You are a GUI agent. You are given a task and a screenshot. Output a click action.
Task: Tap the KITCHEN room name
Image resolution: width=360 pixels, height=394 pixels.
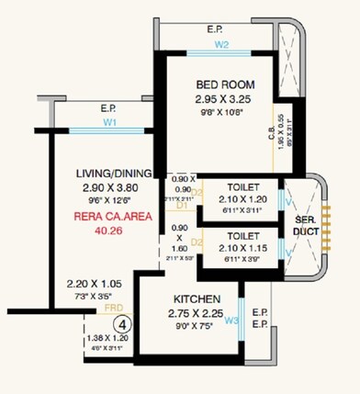[x=196, y=299]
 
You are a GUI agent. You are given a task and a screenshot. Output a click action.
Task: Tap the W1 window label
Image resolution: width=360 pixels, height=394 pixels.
[x=109, y=121]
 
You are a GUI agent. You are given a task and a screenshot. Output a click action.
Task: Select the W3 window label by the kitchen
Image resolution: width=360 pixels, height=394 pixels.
[x=231, y=321]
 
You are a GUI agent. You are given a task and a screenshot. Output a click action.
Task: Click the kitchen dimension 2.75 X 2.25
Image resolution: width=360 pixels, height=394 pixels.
[x=196, y=313]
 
